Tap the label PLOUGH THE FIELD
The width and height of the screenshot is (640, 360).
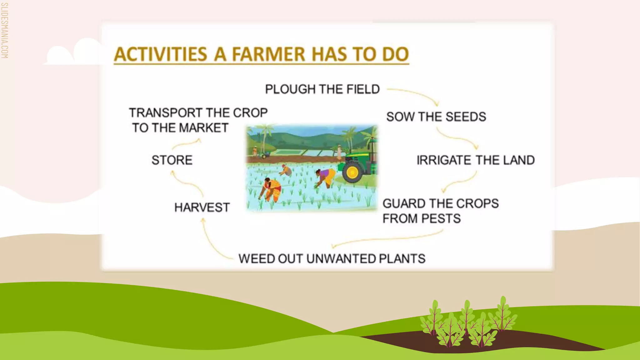pyautogui.click(x=322, y=89)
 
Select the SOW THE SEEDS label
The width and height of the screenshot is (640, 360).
pyautogui.click(x=436, y=117)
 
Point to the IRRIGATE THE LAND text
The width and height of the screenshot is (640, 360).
pyautogui.click(x=475, y=160)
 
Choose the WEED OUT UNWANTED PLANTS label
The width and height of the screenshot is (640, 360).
pyautogui.click(x=332, y=259)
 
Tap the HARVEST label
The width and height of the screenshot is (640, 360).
pyautogui.click(x=202, y=207)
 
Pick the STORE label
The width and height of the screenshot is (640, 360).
pyautogui.click(x=172, y=160)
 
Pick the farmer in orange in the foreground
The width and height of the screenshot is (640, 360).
pyautogui.click(x=271, y=189)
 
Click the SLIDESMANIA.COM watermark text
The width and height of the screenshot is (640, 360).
pyautogui.click(x=4, y=31)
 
